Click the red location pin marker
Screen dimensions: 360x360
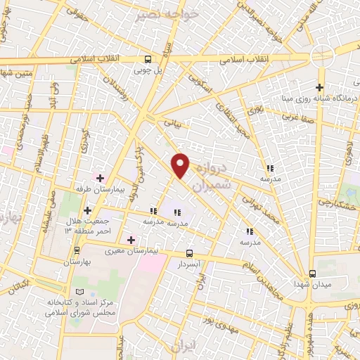181,165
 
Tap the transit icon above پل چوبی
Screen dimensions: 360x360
148,60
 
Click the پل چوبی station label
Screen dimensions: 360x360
148,71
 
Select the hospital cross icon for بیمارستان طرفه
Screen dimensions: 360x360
100,177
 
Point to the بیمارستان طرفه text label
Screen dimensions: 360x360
99,189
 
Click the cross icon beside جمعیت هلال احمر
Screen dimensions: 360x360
87,210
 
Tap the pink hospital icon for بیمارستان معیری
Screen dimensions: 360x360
131,240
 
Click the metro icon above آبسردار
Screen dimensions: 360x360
189,253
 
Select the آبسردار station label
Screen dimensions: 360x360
189,264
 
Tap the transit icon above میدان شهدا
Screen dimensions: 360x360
313,274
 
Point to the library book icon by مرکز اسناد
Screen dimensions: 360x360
79,292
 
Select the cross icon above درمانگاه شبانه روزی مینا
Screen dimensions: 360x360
320,88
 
